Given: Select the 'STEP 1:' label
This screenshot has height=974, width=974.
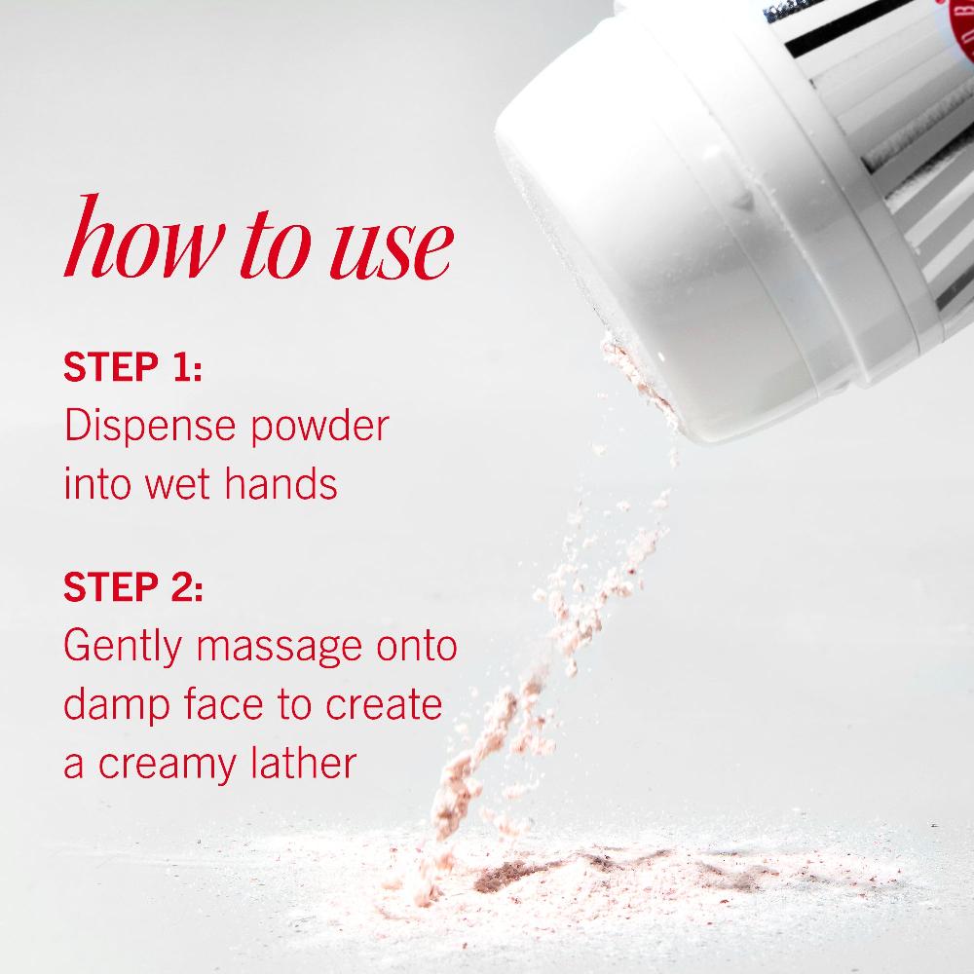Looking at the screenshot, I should [x=132, y=370].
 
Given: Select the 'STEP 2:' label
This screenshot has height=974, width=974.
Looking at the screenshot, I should [x=133, y=587].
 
